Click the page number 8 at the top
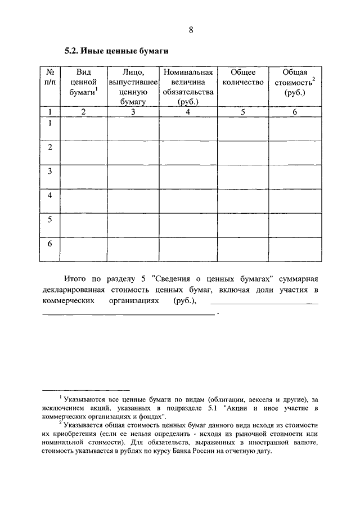[x=191, y=30]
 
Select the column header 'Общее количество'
[x=243, y=78]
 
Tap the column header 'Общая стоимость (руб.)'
[x=294, y=83]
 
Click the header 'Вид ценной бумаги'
[x=83, y=83]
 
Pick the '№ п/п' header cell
[x=49, y=78]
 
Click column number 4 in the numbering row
[x=188, y=112]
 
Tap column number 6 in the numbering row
[x=294, y=112]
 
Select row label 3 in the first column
[x=50, y=171]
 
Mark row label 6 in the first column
[x=50, y=244]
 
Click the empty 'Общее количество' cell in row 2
[x=243, y=152]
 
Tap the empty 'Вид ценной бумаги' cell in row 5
[x=83, y=225]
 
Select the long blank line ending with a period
[x=129, y=313]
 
